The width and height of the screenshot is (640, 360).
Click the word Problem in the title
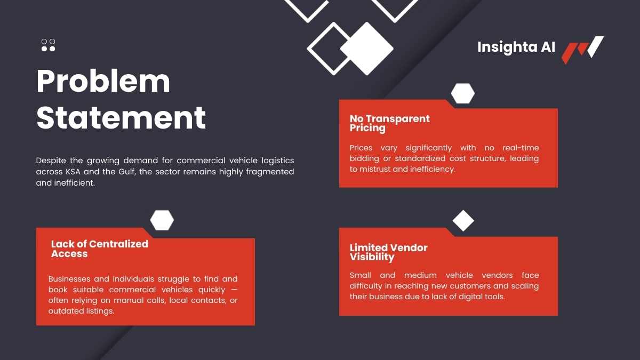[103, 82]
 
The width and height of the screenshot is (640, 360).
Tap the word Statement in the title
[121, 117]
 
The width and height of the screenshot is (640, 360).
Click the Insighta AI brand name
[516, 47]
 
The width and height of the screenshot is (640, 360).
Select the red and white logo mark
[582, 50]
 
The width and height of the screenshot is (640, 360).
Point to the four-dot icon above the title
[49, 45]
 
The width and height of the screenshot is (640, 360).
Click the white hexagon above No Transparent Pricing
[463, 93]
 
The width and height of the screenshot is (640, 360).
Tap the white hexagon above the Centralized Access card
[162, 220]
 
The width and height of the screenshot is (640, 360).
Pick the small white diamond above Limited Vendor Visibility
[463, 221]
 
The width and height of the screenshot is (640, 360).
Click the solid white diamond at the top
[367, 49]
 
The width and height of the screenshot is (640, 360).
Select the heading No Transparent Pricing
[390, 123]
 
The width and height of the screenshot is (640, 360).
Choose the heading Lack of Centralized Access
[100, 249]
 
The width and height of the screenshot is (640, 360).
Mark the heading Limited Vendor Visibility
[389, 252]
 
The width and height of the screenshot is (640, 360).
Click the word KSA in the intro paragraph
[73, 172]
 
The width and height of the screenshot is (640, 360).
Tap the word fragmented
[270, 172]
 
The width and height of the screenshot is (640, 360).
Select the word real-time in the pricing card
[521, 148]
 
